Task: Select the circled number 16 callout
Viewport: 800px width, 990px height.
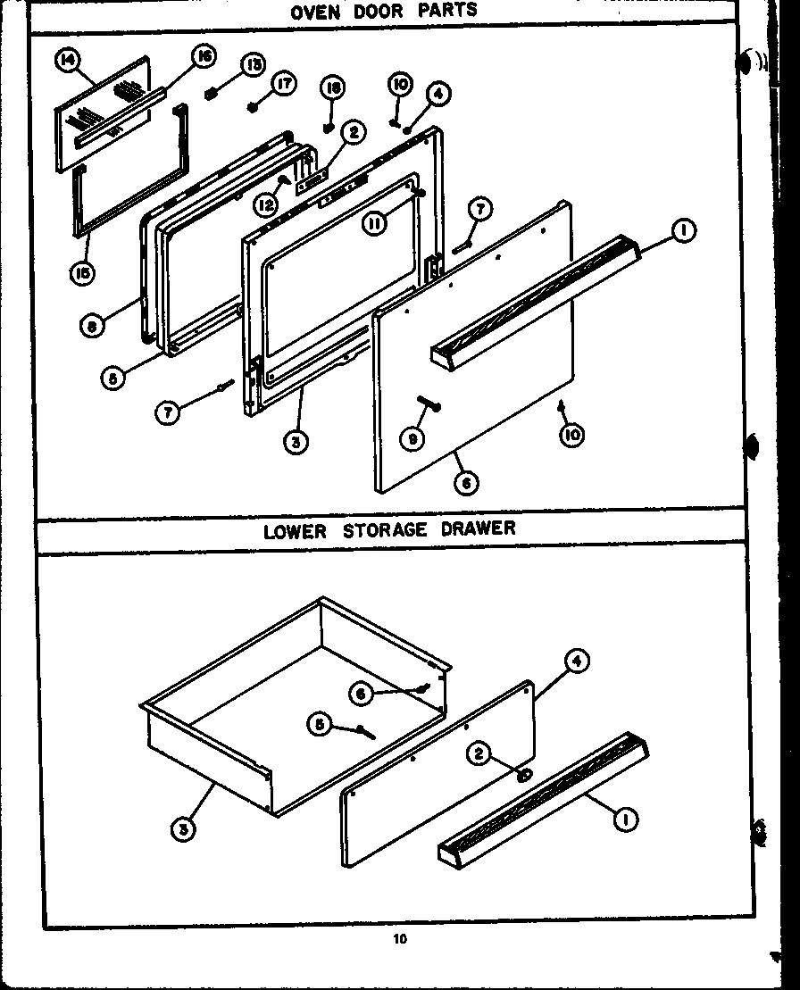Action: coord(204,58)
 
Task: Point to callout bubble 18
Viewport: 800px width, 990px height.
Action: coord(331,87)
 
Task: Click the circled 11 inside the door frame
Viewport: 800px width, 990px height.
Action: coord(374,224)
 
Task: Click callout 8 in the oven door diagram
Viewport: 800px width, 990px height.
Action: coord(91,326)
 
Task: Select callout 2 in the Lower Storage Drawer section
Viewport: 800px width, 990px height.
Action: coord(479,755)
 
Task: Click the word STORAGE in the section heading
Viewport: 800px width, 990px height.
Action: coord(384,529)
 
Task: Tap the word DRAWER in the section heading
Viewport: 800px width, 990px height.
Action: coord(478,528)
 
